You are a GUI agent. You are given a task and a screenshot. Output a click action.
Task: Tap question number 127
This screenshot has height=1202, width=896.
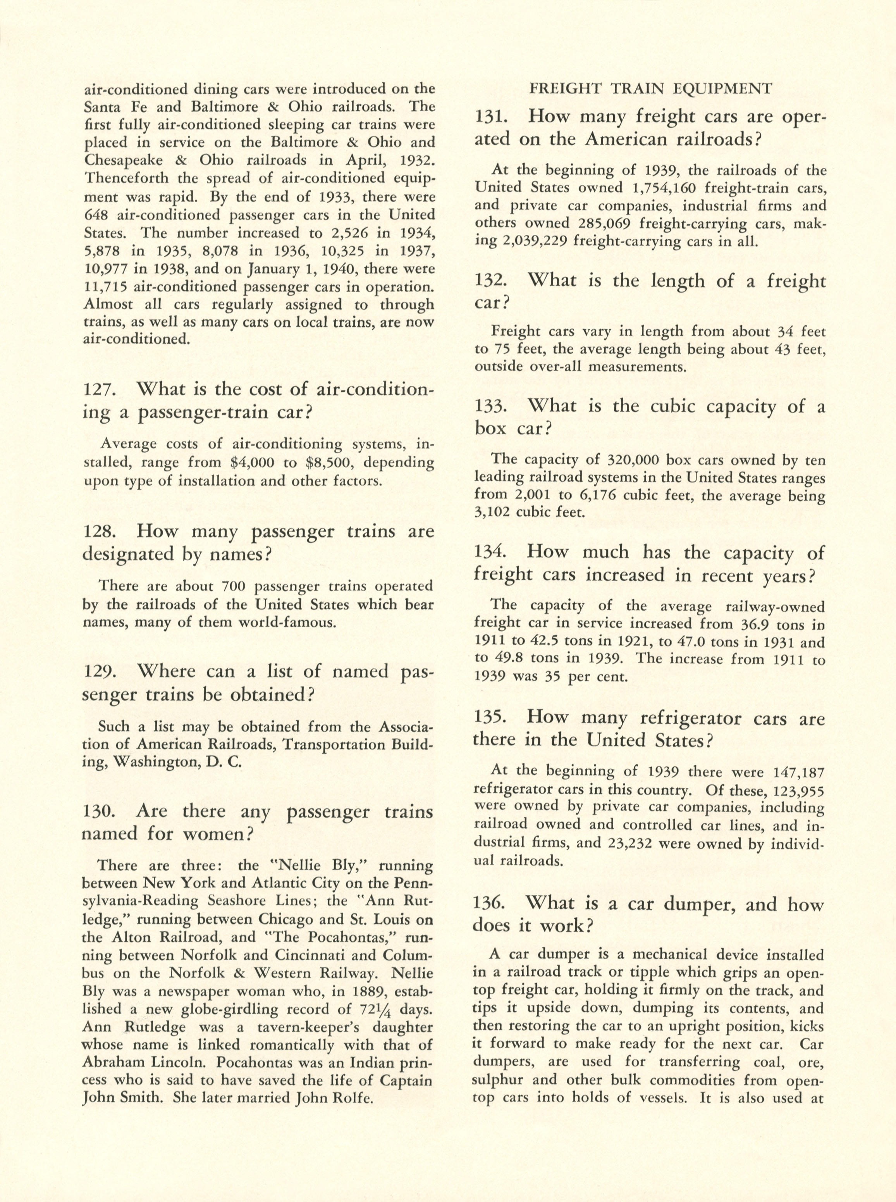click(x=98, y=390)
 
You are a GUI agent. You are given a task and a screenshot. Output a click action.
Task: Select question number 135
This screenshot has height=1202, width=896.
click(x=490, y=718)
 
